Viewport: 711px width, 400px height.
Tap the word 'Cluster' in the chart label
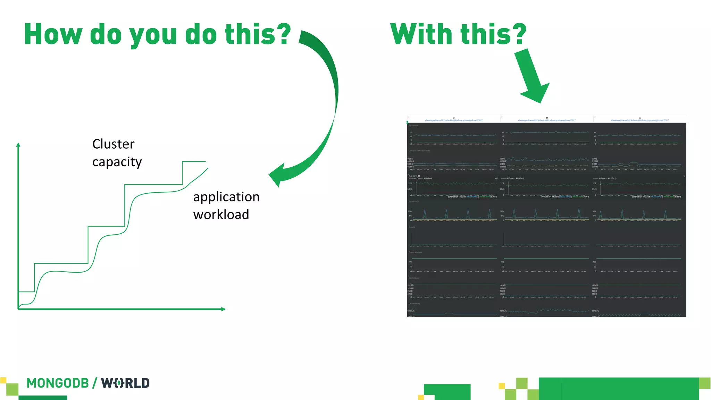click(113, 144)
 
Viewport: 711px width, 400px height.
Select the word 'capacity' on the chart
click(117, 162)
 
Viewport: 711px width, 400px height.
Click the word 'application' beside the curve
click(226, 197)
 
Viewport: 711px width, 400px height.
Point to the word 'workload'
click(221, 215)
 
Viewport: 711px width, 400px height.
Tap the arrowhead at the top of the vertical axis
click(18, 144)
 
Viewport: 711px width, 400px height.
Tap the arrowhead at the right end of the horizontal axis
click(223, 309)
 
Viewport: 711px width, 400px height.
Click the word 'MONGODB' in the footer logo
click(58, 383)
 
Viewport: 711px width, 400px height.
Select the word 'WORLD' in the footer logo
click(125, 383)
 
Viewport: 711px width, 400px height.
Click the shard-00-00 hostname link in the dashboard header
click(453, 120)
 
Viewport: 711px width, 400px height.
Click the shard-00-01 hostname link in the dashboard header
click(546, 120)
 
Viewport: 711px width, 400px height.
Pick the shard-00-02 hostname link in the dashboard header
click(639, 120)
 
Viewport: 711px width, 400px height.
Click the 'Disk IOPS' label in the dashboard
click(412, 176)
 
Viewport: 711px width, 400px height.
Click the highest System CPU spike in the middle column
click(579, 209)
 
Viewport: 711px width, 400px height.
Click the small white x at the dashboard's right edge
click(684, 176)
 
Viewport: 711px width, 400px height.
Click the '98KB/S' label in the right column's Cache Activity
click(595, 311)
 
